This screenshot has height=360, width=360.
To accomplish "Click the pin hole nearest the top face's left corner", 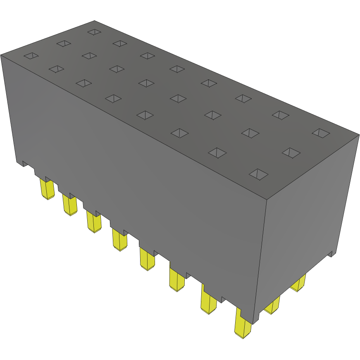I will pos(31,55).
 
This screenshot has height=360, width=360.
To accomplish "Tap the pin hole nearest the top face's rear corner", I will pos(94,31).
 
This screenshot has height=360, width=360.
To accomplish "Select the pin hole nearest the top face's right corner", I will pos(321,133).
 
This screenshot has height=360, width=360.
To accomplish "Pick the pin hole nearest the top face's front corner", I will pos(259,174).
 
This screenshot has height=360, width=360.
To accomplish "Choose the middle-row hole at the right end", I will pos(291,152).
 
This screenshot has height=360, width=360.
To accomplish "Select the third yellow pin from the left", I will pos(94,222).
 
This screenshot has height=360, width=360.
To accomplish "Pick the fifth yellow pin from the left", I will pos(147,259).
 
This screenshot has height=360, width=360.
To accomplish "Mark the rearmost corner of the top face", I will pos(94,20).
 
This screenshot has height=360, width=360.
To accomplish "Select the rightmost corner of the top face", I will pos(359,135).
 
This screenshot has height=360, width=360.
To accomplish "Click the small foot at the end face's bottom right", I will pos(331,253).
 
